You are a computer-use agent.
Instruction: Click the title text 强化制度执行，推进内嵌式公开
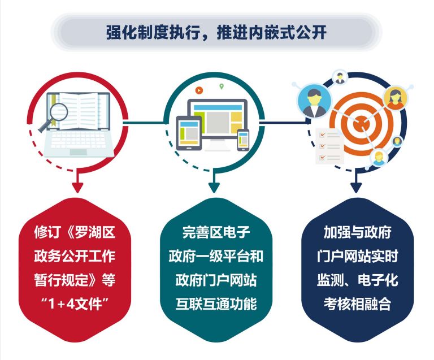tap(216, 32)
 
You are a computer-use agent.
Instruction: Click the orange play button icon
tap(199, 90)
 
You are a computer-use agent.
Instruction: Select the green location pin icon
tap(222, 86)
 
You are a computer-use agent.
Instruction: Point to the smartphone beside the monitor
tap(244, 140)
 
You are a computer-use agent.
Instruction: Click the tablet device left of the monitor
tap(189, 133)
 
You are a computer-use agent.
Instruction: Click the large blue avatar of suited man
tap(314, 101)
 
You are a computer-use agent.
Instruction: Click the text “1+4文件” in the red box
tap(75, 303)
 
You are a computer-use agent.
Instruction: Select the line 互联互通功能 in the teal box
tap(216, 303)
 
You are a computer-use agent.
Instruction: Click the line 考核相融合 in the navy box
tap(357, 303)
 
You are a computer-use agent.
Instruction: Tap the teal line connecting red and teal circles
tap(144, 122)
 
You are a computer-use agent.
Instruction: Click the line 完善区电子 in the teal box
tap(216, 232)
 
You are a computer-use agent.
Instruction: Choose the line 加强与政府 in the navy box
tap(357, 232)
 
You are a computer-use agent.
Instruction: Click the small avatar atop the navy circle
tap(339, 77)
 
